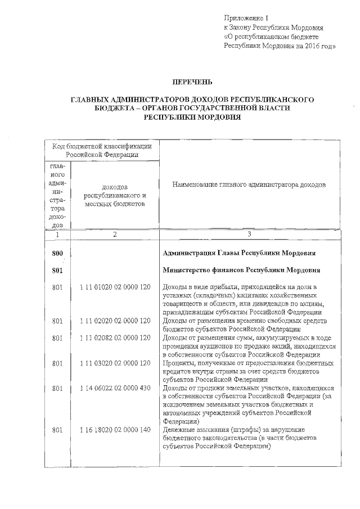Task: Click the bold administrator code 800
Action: [57, 254]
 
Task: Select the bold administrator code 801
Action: [57, 271]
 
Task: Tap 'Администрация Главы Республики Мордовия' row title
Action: [238, 254]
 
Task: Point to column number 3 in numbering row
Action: [249, 235]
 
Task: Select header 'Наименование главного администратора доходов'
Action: [249, 185]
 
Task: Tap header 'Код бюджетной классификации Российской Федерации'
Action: [102, 150]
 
